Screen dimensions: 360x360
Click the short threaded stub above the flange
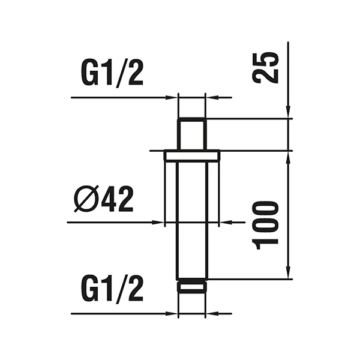coord(192,134)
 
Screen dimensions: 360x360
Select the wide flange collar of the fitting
coord(192,155)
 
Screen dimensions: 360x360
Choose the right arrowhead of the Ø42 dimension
coord(226,223)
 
